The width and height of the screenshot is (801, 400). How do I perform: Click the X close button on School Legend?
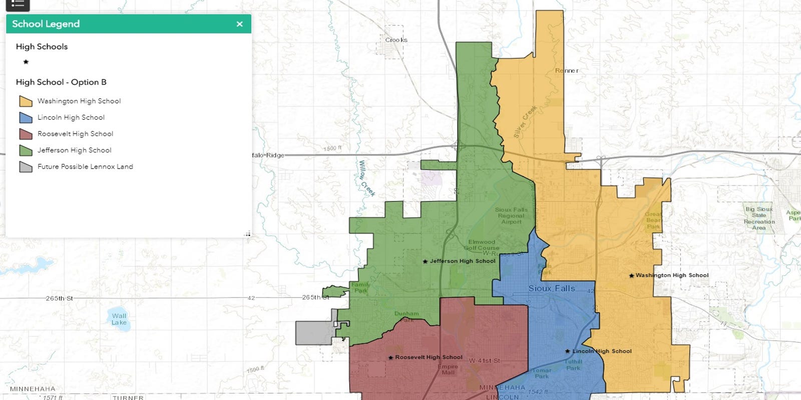pos(239,24)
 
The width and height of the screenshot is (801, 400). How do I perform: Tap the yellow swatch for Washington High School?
pos(26,101)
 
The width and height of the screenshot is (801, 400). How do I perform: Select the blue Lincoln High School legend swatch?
pos(26,117)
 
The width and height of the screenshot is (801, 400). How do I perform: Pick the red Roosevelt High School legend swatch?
pos(26,134)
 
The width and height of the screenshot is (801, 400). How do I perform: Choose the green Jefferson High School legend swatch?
pos(26,150)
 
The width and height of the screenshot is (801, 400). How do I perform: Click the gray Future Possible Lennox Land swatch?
pos(26,166)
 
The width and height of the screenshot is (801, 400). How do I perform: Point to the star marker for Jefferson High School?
pos(425,261)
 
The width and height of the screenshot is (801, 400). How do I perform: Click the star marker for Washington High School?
pos(631,275)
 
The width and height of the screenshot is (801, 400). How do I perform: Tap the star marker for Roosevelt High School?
pos(390,357)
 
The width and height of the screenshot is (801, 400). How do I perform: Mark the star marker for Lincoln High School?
pos(567,351)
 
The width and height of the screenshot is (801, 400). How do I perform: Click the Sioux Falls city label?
pos(551,288)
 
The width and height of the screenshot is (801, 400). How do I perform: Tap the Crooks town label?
pos(396,40)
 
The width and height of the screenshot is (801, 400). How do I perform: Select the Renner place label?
pos(566,71)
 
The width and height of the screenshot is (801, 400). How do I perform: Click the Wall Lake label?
pos(119,319)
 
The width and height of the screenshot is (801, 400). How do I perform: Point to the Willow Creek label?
pos(366,178)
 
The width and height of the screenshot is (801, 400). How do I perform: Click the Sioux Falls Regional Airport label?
pos(511,215)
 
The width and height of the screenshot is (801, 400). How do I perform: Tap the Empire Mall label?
pos(448,369)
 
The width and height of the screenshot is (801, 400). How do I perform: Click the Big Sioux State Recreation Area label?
pos(759,218)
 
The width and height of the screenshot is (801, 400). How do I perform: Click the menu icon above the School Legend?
pos(18,4)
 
